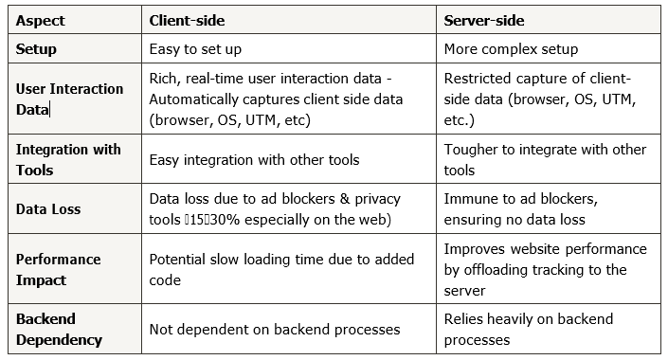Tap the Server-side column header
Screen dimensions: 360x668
[486, 19]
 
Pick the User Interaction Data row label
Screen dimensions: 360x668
[69, 99]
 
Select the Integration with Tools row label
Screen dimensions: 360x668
[67, 160]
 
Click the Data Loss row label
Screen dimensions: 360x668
[48, 208]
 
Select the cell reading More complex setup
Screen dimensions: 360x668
[511, 47]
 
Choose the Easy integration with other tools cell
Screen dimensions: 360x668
[254, 160]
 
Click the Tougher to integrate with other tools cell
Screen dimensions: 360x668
[545, 160]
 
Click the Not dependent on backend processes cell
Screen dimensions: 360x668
[274, 329]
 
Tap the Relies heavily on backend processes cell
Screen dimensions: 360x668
[528, 329]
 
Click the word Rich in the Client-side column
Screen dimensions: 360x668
[163, 79]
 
